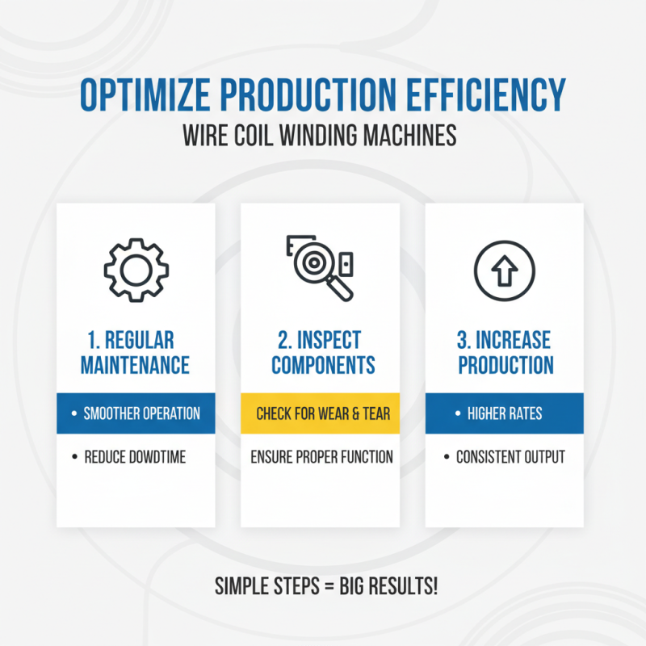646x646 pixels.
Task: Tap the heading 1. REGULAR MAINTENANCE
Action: [x=135, y=352]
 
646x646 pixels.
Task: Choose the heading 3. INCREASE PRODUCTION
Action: [x=505, y=352]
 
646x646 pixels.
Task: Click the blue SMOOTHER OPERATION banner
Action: [x=136, y=413]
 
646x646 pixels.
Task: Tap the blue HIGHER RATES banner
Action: [x=505, y=413]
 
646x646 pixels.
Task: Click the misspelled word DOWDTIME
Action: [x=157, y=457]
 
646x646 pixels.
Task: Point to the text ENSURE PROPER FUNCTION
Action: [x=322, y=457]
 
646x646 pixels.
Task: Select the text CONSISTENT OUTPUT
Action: [x=510, y=457]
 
